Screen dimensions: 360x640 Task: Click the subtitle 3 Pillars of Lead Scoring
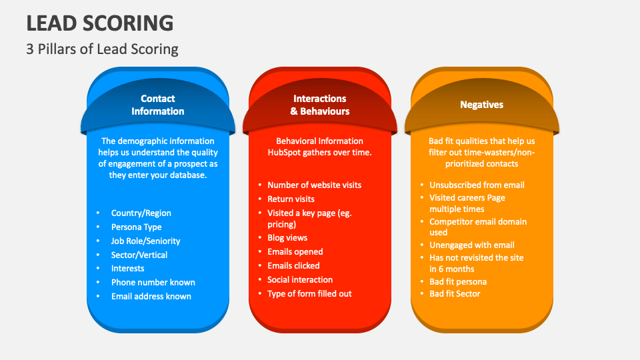[x=103, y=49]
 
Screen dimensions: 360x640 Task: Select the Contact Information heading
[x=158, y=105]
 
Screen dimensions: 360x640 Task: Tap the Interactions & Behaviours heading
[x=320, y=105]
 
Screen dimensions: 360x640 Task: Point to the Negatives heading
[x=481, y=105]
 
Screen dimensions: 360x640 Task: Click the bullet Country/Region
[x=141, y=213]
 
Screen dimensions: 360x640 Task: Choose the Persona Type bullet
[x=136, y=227]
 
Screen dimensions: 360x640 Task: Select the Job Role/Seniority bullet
[x=145, y=241]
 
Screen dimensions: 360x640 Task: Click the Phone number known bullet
[x=153, y=283]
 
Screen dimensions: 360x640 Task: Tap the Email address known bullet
[x=151, y=297]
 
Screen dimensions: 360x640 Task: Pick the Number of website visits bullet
[x=314, y=185]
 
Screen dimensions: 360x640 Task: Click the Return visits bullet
[x=291, y=199]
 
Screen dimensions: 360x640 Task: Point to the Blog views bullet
[x=287, y=238]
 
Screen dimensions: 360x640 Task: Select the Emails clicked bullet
[x=294, y=266]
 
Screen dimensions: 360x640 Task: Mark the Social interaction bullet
[x=300, y=280]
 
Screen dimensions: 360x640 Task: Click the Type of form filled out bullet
[x=309, y=294]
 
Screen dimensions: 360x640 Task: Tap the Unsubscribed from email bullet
[x=477, y=185]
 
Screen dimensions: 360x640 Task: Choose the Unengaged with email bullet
[x=472, y=245]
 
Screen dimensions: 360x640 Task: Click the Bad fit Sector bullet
[x=455, y=294]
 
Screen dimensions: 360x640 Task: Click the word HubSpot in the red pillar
[x=276, y=153]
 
